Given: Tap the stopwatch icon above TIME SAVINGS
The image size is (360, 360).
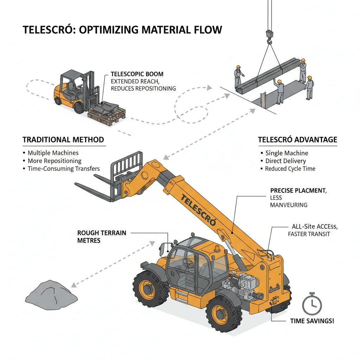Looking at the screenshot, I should point(312,304).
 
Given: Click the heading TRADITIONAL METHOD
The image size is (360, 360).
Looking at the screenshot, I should point(63,140).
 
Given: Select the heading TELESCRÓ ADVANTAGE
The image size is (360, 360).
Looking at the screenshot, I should point(297,140).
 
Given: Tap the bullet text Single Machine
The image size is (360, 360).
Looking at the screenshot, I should point(287,153).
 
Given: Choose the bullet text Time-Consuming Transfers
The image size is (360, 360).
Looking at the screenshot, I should point(64,169).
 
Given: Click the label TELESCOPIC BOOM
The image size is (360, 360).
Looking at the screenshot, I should point(137,74).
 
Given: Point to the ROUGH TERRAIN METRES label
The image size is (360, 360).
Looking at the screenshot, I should point(102,237).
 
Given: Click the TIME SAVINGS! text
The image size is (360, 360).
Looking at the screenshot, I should point(312,321).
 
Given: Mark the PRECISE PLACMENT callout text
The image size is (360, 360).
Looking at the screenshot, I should point(298,191).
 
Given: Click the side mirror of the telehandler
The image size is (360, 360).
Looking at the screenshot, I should point(163,249).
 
